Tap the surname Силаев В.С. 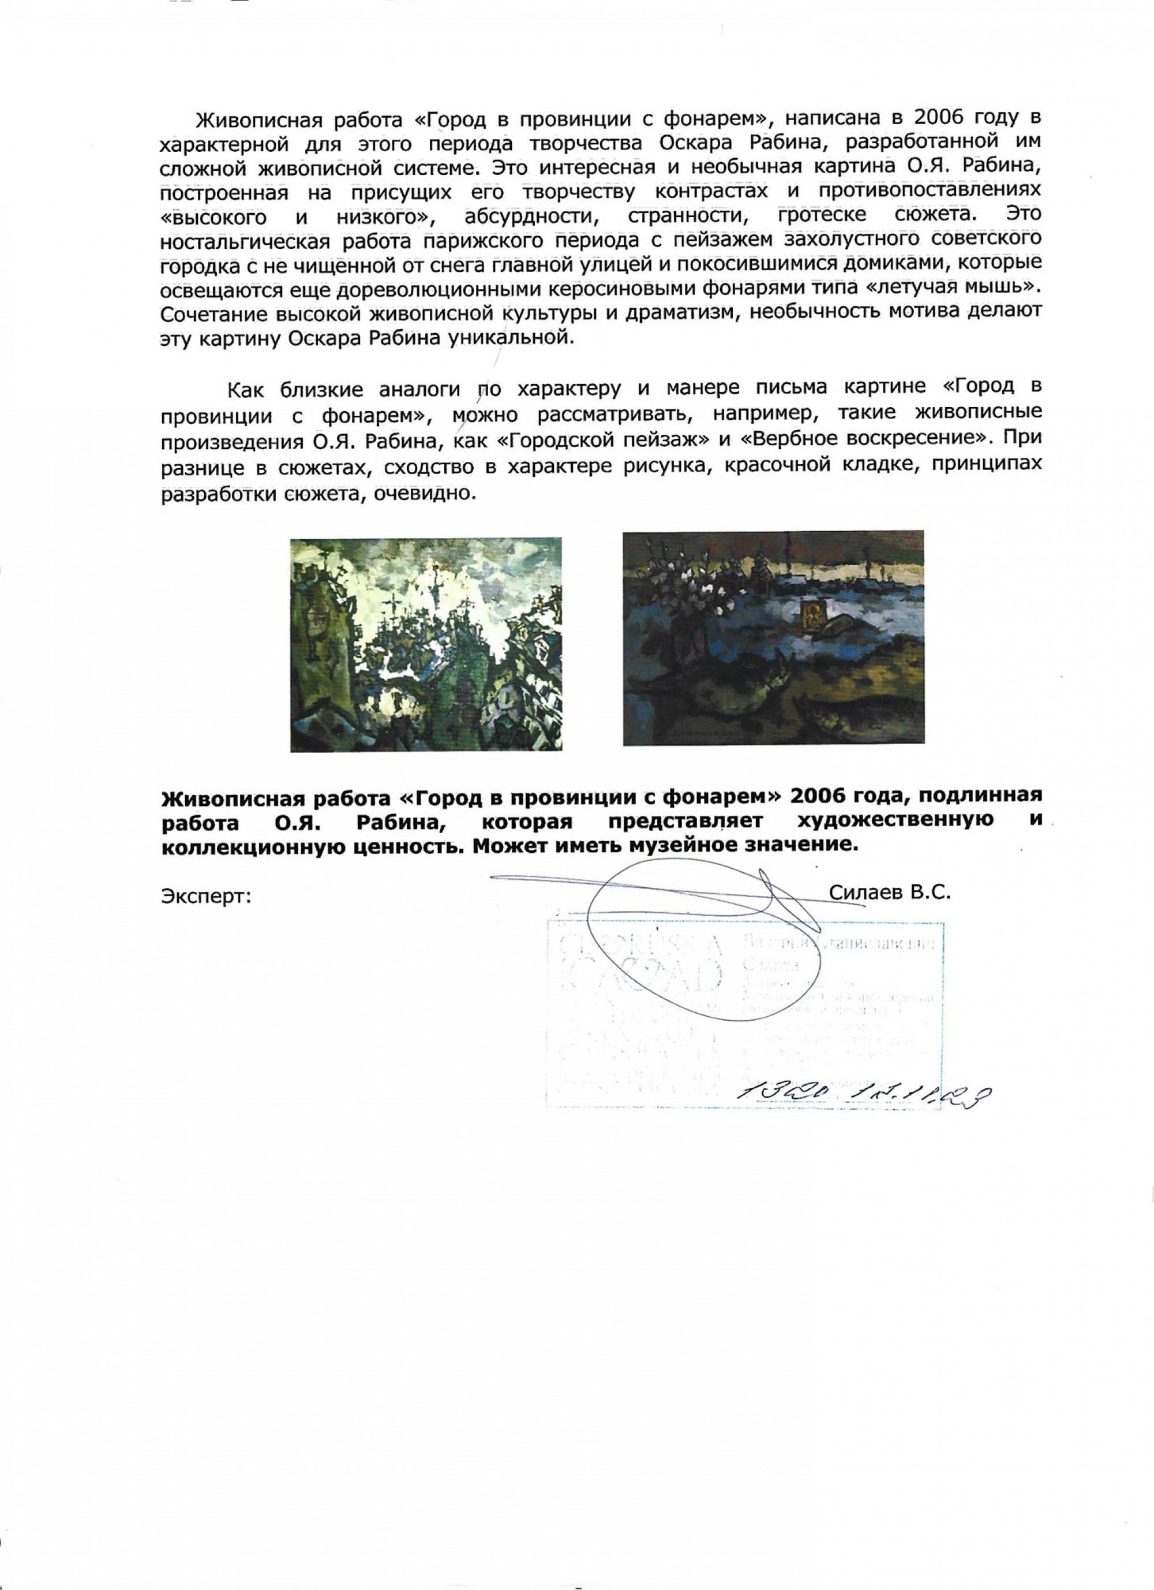[x=889, y=892]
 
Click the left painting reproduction [x=426, y=645]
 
